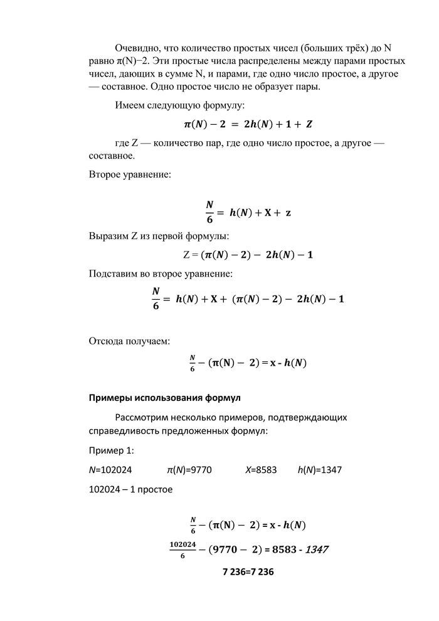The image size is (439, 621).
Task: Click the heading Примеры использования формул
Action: click(164, 398)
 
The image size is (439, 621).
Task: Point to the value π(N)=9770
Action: click(189, 469)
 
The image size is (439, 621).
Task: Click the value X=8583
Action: click(261, 469)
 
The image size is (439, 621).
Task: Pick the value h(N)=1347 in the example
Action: click(319, 469)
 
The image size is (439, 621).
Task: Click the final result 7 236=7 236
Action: click(248, 572)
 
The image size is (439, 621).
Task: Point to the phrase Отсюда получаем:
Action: click(129, 341)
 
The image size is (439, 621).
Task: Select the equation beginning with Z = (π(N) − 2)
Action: click(248, 254)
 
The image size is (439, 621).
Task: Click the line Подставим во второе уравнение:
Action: click(161, 273)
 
